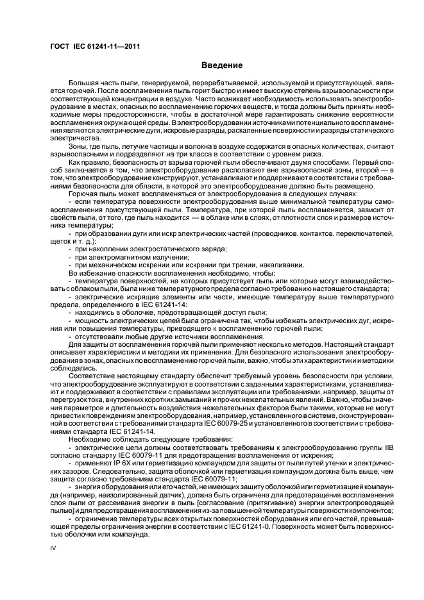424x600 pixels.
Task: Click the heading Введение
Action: (x=222, y=65)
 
